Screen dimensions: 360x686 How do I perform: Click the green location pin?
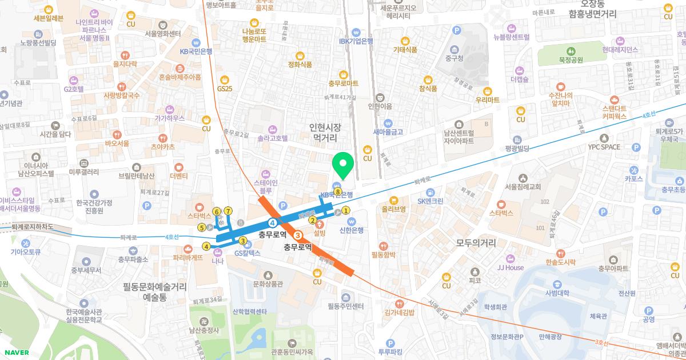343,166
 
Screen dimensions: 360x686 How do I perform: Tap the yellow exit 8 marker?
338,192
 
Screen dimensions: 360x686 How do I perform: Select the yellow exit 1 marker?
346,210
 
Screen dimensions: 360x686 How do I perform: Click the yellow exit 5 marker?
202,227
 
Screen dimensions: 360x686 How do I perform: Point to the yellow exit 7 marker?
228,211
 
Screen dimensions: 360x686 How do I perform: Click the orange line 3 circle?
297,235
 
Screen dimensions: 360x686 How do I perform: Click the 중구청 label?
454,58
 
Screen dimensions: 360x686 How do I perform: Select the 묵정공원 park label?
571,59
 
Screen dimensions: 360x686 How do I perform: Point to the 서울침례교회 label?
523,186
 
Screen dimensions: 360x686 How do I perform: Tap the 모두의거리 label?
475,242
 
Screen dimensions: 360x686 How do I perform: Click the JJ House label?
510,267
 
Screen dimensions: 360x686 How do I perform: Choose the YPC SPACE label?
604,147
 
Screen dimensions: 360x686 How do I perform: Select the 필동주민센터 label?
346,306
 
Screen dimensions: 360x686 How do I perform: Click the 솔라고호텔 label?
272,138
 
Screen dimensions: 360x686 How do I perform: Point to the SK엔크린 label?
430,201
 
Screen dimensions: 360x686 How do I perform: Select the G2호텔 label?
74,89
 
